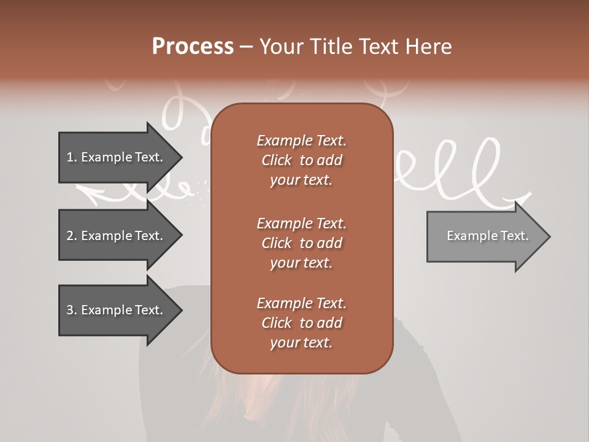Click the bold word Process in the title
click(193, 47)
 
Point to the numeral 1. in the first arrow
click(72, 157)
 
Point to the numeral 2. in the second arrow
click(72, 236)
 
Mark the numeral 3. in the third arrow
click(72, 310)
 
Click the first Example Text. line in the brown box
click(301, 141)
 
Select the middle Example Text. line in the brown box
click(301, 223)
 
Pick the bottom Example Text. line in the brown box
click(301, 303)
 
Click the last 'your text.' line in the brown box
click(301, 343)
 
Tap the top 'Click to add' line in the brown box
click(301, 160)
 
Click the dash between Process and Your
click(246, 47)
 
